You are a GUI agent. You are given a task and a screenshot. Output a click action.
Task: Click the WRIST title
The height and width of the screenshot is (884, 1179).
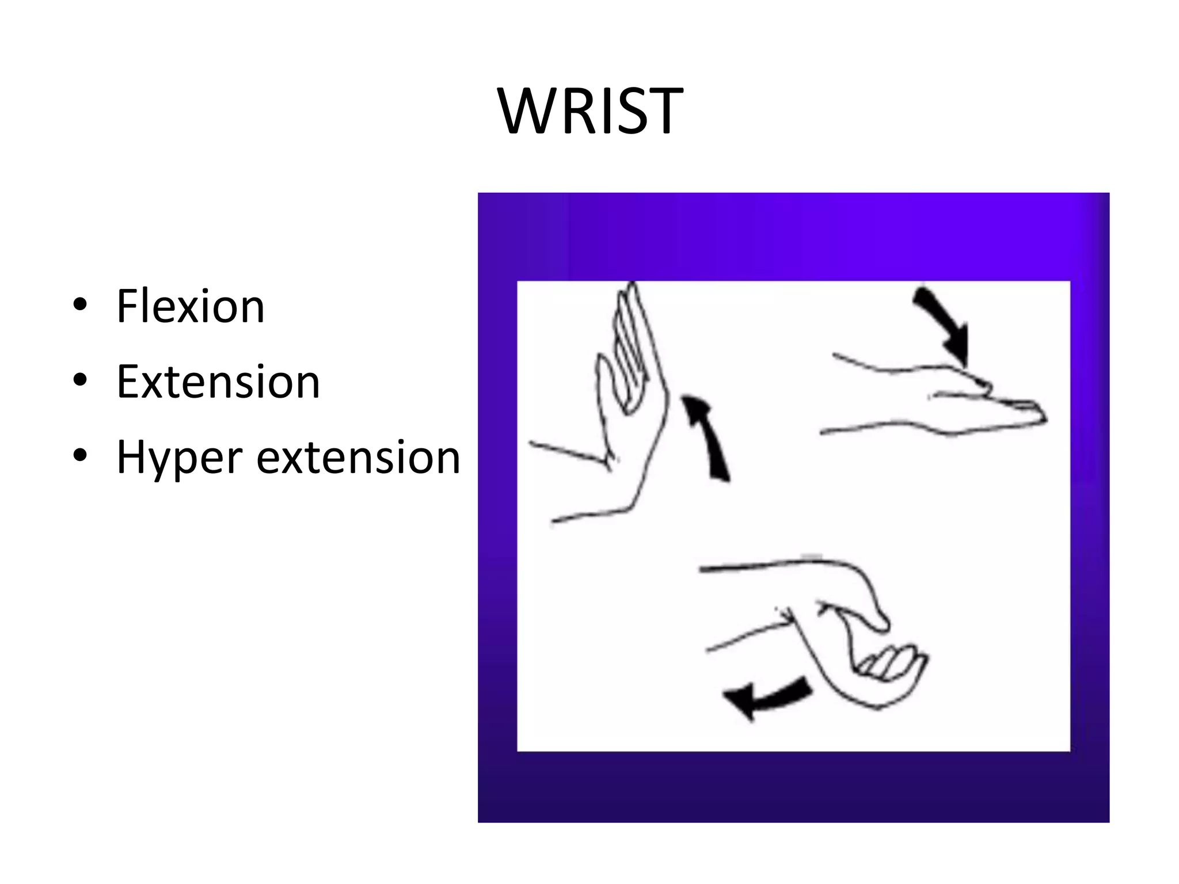coord(591,112)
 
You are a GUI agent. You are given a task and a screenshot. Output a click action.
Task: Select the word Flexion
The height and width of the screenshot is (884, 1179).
coord(191,306)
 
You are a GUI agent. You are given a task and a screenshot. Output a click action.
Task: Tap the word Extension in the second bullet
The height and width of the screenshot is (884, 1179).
coord(218,382)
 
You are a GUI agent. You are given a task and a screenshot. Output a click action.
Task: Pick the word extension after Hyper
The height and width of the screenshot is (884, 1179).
coord(358,458)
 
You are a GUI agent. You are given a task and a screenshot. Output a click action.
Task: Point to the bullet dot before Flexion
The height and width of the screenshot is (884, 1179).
coord(80,305)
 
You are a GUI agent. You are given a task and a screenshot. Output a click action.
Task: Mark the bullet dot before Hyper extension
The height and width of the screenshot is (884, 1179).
coord(80,455)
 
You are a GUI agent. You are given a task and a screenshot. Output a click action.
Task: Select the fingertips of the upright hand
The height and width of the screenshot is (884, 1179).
coord(630,291)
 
